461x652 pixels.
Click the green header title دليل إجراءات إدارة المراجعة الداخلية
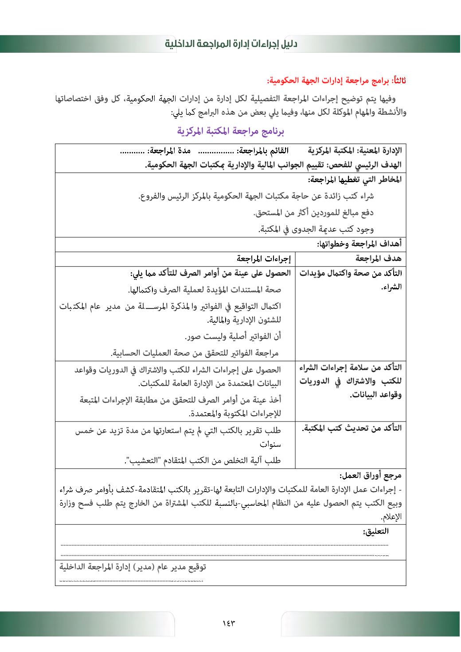pyautogui.click(x=231, y=44)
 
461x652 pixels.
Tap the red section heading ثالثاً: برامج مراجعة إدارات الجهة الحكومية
pyautogui.click(x=336, y=81)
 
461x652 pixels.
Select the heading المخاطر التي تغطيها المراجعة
pyautogui.click(x=355, y=180)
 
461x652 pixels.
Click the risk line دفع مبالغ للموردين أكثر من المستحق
pyautogui.click(x=313, y=213)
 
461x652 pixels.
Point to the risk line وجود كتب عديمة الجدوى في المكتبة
pyautogui.click(x=316, y=229)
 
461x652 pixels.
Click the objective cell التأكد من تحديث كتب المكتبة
pyautogui.click(x=352, y=428)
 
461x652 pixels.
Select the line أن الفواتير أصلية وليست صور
pyautogui.click(x=233, y=336)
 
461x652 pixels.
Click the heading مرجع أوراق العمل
pyautogui.click(x=370, y=476)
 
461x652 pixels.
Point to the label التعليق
pyautogui.click(x=375, y=531)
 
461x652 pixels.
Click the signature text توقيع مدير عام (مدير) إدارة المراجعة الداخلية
pyautogui.click(x=133, y=567)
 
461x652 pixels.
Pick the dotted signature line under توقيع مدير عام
pyautogui.click(x=131, y=580)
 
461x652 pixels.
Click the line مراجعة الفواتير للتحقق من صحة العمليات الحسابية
pyautogui.click(x=195, y=353)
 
